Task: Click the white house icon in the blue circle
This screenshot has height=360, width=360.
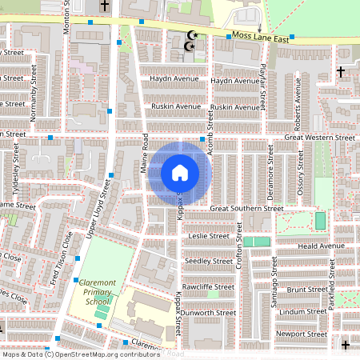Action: point(180,172)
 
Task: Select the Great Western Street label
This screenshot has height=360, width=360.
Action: point(319,138)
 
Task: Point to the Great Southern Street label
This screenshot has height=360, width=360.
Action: point(246,208)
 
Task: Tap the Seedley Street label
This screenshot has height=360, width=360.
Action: point(209,261)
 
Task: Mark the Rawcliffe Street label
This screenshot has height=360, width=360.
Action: point(207,286)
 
